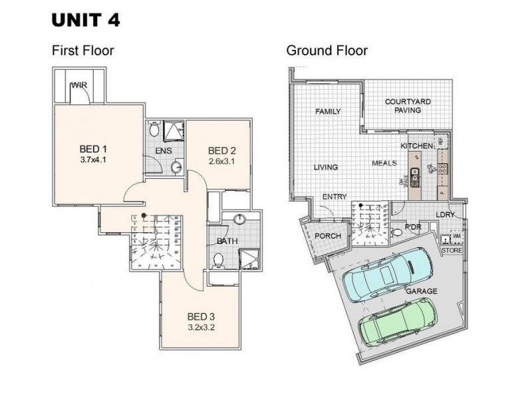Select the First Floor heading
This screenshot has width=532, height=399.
click(82, 51)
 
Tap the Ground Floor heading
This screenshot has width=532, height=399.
click(327, 51)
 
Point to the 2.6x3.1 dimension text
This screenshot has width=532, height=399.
click(221, 161)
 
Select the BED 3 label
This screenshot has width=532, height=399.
click(201, 316)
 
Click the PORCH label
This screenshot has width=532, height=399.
click(328, 236)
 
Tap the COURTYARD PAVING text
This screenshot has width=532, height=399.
click(408, 106)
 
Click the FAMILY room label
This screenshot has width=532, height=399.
click(328, 111)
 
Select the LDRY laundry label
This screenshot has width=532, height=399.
click(445, 215)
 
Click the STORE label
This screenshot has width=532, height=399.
click(452, 251)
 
